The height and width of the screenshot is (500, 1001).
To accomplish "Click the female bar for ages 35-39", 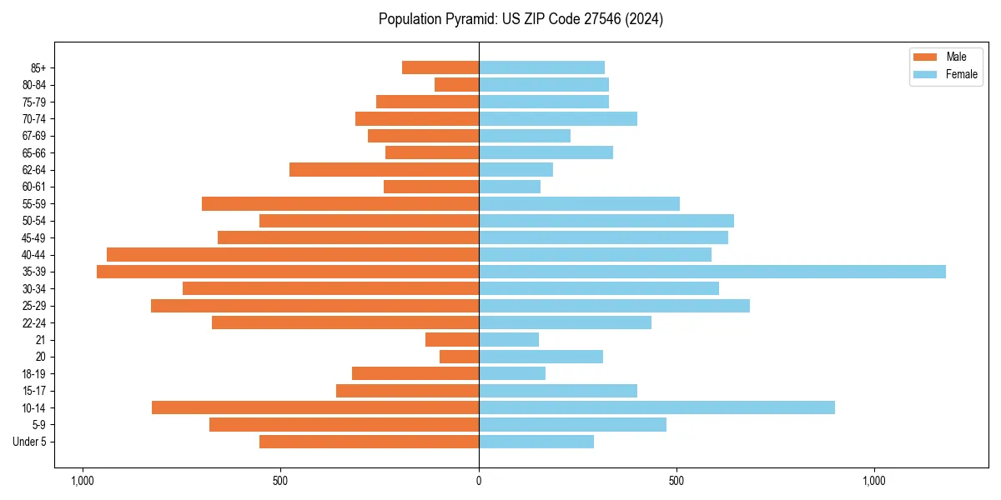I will tap(712, 272).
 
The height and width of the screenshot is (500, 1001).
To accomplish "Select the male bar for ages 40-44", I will tap(293, 255).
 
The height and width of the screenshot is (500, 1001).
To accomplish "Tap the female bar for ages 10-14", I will tap(656, 407).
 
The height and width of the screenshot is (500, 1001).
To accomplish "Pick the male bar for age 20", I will tap(459, 357).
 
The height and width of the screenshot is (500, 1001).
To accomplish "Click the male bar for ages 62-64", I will tap(384, 170).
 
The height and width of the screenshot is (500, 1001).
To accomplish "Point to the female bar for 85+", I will tap(541, 67).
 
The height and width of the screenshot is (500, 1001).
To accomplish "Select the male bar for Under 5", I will tap(369, 442).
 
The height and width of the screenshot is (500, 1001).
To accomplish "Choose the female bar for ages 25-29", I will tap(614, 306).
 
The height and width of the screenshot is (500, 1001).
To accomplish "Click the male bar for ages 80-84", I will tap(456, 84).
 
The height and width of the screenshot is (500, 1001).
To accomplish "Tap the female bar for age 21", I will tap(509, 340).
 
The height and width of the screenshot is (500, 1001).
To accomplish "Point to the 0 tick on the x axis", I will tap(479, 482).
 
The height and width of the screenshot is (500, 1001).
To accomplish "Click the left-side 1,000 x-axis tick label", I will tap(83, 482).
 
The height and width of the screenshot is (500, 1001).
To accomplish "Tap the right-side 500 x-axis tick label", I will tap(677, 482).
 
